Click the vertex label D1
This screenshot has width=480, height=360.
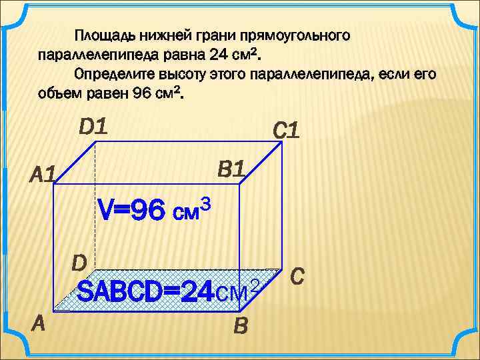pyautogui.click(x=93, y=125)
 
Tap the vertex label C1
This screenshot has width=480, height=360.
pyautogui.click(x=285, y=131)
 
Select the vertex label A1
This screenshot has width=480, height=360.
pyautogui.click(x=43, y=176)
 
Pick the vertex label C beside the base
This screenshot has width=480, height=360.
pyautogui.click(x=298, y=275)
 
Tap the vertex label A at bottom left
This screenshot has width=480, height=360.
pyautogui.click(x=39, y=323)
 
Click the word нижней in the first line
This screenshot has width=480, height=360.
pyautogui.click(x=163, y=33)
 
